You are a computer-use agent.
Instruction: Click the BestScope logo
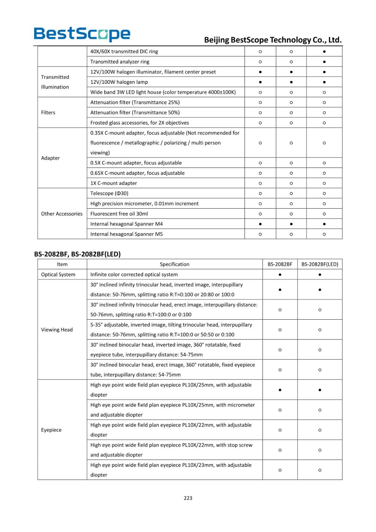click(x=82, y=34)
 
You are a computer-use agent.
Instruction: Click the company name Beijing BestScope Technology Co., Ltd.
click(x=272, y=40)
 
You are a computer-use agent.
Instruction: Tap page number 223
click(x=188, y=498)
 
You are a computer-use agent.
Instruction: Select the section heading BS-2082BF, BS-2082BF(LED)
click(x=77, y=254)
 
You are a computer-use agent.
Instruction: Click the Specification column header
click(x=174, y=264)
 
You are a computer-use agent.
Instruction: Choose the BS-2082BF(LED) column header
click(x=319, y=264)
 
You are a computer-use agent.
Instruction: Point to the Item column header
click(x=62, y=264)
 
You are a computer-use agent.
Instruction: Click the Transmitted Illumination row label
click(x=55, y=82)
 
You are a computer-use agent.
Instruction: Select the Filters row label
click(x=48, y=112)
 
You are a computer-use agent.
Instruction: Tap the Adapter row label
click(x=50, y=158)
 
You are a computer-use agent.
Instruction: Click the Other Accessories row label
click(x=62, y=213)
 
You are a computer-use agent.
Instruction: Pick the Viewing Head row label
click(x=57, y=330)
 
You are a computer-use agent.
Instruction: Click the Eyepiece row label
click(x=51, y=430)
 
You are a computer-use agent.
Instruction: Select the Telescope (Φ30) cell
click(x=109, y=193)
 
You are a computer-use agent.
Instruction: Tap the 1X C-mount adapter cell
click(x=113, y=183)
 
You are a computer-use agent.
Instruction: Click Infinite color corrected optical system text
click(x=134, y=274)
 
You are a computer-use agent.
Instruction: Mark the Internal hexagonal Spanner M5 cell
click(x=126, y=234)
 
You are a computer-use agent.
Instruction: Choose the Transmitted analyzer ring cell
click(x=120, y=62)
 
